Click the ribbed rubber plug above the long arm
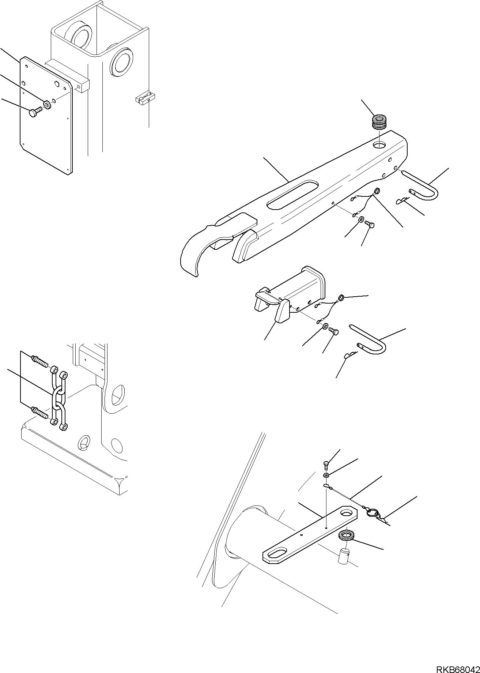[x=379, y=122]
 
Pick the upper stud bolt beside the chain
[x=41, y=361]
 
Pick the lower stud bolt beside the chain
[x=41, y=413]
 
